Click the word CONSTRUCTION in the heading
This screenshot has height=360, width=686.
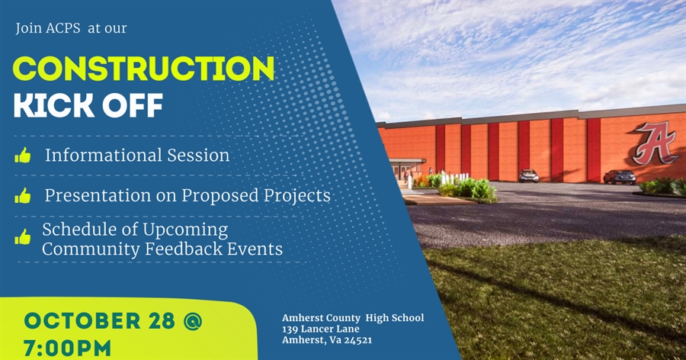point(144,69)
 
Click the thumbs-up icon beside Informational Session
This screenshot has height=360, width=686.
point(23,156)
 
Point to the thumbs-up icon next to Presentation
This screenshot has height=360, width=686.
point(23,196)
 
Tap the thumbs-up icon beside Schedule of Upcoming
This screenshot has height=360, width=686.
point(23,237)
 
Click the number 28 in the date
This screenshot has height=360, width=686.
point(162,321)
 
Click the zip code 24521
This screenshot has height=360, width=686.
point(357,340)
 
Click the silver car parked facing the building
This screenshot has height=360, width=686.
point(528,175)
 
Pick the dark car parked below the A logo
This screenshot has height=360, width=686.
point(619,177)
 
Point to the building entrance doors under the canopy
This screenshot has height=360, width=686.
point(405,172)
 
